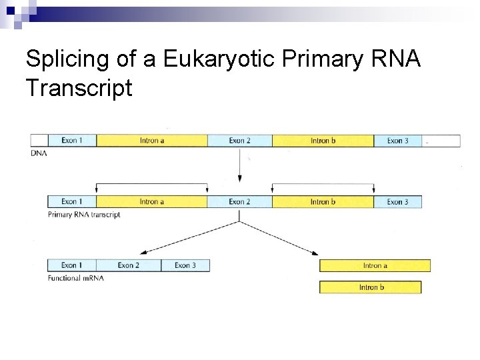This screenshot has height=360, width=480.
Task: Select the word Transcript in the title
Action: (79, 88)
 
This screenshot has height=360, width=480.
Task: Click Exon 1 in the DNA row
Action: (72, 141)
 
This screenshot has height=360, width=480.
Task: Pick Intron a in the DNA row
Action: (152, 141)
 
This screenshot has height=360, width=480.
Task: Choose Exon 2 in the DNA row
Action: (239, 141)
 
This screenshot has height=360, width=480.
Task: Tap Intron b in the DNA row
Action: (323, 141)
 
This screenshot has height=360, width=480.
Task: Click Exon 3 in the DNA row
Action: (397, 141)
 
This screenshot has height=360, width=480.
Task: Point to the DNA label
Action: (39, 153)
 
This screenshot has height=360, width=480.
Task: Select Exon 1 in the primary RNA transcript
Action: (72, 201)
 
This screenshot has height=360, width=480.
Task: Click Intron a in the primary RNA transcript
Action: (152, 201)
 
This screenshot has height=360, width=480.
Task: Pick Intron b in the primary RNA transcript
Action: (323, 201)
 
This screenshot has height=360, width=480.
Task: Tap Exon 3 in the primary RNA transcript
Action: (397, 201)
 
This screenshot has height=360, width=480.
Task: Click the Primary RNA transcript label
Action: (84, 215)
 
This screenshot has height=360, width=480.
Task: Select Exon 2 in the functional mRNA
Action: (128, 265)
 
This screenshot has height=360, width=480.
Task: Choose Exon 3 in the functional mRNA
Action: (185, 265)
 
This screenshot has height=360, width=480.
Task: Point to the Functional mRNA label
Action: (75, 277)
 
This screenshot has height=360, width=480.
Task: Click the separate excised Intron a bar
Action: (375, 265)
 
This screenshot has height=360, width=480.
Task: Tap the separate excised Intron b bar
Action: (371, 287)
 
